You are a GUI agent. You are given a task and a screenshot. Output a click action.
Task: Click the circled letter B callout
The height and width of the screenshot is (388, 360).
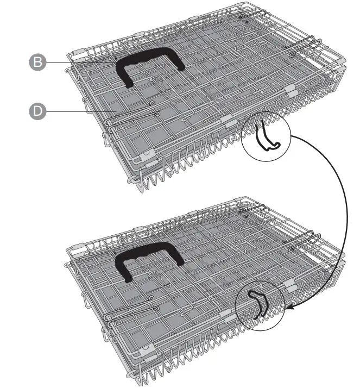pyautogui.click(x=37, y=62)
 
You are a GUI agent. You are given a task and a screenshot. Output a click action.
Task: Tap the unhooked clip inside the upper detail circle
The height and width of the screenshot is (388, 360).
pyautogui.click(x=266, y=136)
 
